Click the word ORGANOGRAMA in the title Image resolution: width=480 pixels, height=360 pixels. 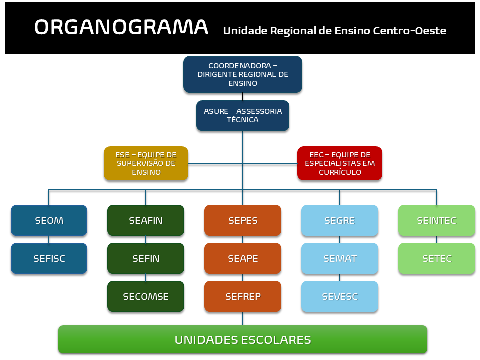pos(121,27)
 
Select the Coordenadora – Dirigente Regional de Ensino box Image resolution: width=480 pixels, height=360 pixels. pos(243,74)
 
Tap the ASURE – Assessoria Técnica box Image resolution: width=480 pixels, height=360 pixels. pos(243,116)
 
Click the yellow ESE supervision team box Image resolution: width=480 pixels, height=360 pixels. pos(146,163)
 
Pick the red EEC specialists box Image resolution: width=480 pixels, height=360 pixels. pos(340,163)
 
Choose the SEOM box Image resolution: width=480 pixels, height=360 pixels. pos(49,220)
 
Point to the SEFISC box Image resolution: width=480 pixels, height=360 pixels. pos(49,258)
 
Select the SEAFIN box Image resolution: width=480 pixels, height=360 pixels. pos(146,220)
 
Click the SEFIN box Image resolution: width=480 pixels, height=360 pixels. pos(146,258)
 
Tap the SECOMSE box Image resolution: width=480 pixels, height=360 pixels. pos(146,296)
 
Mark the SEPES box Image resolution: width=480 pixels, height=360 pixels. pos(243,220)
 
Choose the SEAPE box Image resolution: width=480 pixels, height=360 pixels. pos(243,258)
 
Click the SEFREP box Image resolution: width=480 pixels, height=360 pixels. pos(243,296)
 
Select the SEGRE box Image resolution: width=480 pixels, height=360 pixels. pos(340,220)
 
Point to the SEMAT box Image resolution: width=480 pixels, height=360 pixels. pos(340,258)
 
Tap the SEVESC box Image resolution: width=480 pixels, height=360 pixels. pos(340,296)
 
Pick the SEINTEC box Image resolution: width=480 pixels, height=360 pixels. pos(437,220)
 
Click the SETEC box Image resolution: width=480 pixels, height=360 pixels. pos(437,258)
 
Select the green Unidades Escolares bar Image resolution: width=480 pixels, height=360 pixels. pos(243,340)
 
